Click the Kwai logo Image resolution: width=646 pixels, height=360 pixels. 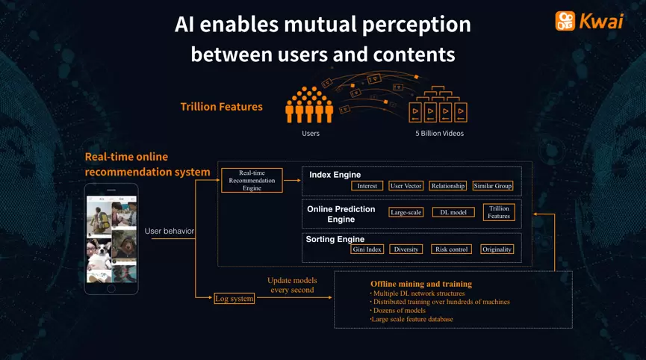[588, 21]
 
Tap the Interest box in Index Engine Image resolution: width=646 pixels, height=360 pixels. [367, 186]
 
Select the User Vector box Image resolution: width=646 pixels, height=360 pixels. [406, 186]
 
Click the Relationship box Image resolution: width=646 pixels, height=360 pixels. [448, 186]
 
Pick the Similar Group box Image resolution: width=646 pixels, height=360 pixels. [493, 186]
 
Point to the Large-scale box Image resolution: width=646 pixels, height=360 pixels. [406, 212]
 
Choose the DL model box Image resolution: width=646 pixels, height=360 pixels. [453, 212]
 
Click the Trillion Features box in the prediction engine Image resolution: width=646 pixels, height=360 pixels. [499, 212]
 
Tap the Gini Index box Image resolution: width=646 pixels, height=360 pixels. [366, 249]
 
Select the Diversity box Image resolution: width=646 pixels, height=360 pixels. [406, 249]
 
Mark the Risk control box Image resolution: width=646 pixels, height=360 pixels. [451, 249]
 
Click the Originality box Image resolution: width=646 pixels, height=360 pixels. [497, 249]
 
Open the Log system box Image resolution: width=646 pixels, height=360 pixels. [235, 298]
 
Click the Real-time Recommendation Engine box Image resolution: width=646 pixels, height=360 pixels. [252, 180]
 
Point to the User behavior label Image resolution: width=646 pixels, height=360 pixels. [170, 232]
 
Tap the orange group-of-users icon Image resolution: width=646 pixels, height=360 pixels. [308, 106]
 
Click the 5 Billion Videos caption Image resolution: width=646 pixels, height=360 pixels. [440, 134]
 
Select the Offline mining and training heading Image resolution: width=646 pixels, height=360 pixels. [421, 284]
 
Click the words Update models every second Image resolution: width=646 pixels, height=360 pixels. [292, 285]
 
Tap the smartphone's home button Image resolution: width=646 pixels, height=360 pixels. [111, 288]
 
